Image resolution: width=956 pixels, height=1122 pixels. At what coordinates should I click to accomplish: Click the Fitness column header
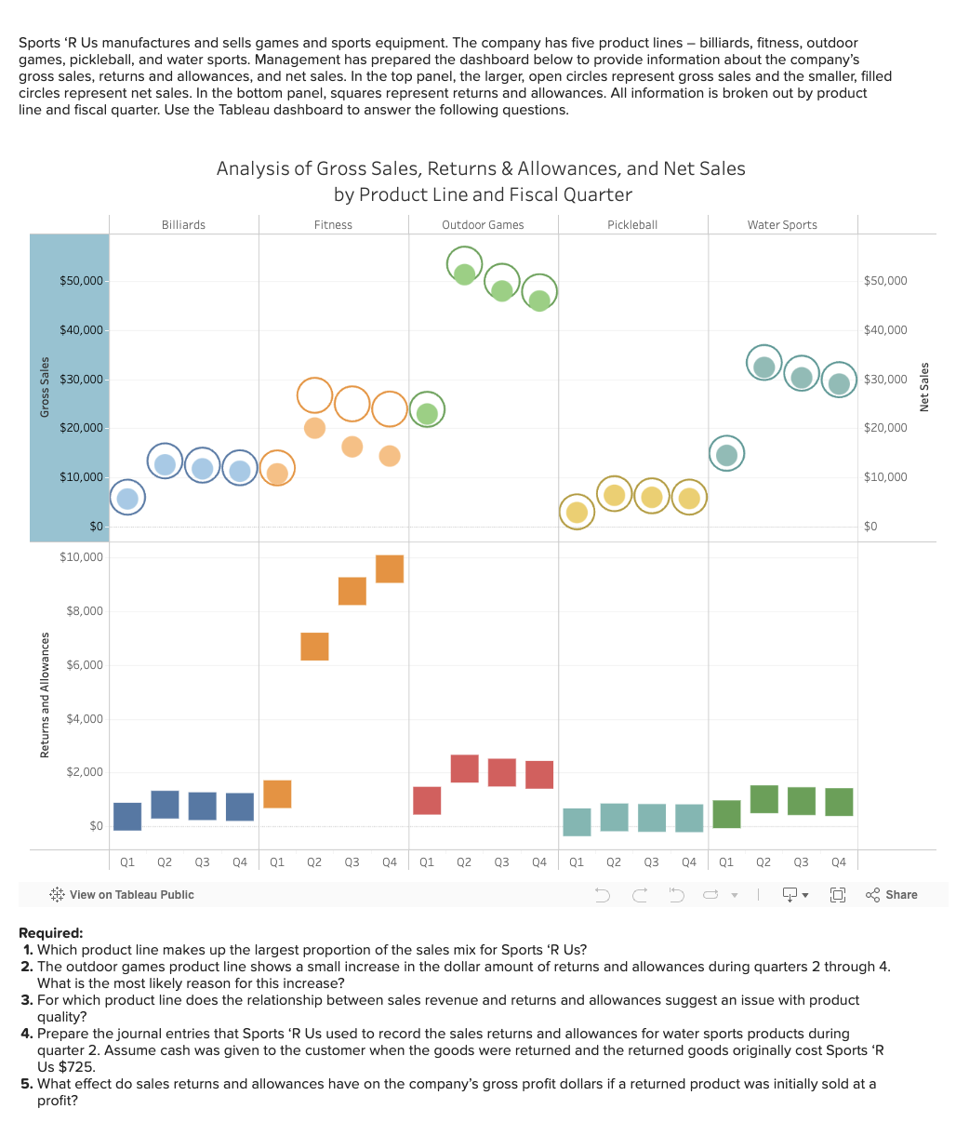(333, 225)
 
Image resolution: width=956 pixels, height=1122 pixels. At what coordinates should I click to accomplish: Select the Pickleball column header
(632, 225)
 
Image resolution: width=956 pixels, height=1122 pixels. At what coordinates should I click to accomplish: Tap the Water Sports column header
(782, 225)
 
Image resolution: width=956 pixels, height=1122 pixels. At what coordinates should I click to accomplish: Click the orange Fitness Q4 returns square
(390, 569)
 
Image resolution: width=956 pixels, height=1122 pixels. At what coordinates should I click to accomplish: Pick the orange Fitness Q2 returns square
(314, 647)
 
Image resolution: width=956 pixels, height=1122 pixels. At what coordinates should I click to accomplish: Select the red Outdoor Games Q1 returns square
(427, 801)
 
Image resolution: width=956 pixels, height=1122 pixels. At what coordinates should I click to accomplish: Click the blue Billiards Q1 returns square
(127, 817)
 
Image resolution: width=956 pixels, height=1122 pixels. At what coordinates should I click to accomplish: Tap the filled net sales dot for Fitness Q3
(352, 447)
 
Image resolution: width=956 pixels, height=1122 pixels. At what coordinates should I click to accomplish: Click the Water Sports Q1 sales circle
(727, 454)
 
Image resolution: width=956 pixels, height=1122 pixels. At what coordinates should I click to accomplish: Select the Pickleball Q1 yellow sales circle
(577, 512)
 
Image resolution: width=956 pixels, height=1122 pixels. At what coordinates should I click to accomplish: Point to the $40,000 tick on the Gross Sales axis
(82, 330)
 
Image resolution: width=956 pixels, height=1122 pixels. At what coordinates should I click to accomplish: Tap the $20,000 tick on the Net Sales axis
(884, 428)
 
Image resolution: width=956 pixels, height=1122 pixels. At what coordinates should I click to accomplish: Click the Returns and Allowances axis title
(45, 694)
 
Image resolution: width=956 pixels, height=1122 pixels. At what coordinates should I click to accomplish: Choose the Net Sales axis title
(924, 387)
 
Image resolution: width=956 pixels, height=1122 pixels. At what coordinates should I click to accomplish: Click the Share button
(892, 895)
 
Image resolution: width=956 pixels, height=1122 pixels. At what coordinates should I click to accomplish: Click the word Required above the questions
(50, 933)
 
